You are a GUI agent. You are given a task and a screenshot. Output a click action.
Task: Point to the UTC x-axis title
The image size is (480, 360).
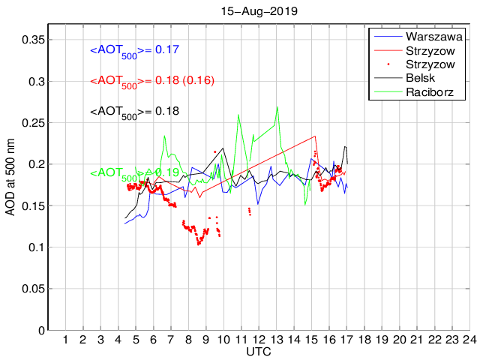tap(259, 352)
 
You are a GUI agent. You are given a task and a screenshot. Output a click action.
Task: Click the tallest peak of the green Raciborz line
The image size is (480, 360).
tap(277, 106)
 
